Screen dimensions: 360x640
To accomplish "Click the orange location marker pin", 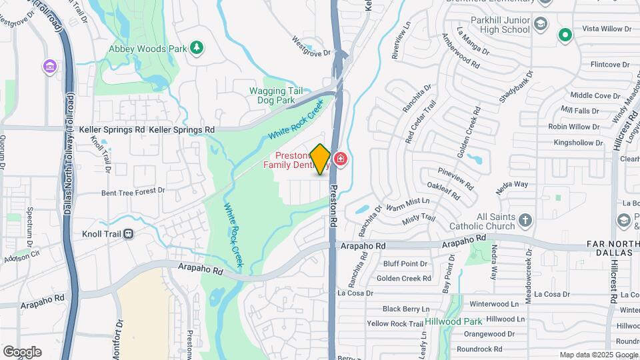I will (x=321, y=159).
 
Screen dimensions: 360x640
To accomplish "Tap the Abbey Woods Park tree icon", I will (x=196, y=47).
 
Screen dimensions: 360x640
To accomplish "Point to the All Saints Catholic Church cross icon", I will (x=525, y=220).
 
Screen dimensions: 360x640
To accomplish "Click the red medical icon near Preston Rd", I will (x=341, y=159).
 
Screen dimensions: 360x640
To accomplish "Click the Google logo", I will (x=22, y=351).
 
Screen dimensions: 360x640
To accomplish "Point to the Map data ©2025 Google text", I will (x=598, y=355).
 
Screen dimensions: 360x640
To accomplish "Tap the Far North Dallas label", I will (x=611, y=249).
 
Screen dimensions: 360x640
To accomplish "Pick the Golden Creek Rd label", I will (x=404, y=278).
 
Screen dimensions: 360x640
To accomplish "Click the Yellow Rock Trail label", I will (x=395, y=323).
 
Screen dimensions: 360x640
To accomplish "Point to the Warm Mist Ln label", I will (x=407, y=201).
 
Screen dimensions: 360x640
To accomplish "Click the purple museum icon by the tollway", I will (x=49, y=67).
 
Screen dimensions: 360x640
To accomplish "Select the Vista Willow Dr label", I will (x=607, y=29).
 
